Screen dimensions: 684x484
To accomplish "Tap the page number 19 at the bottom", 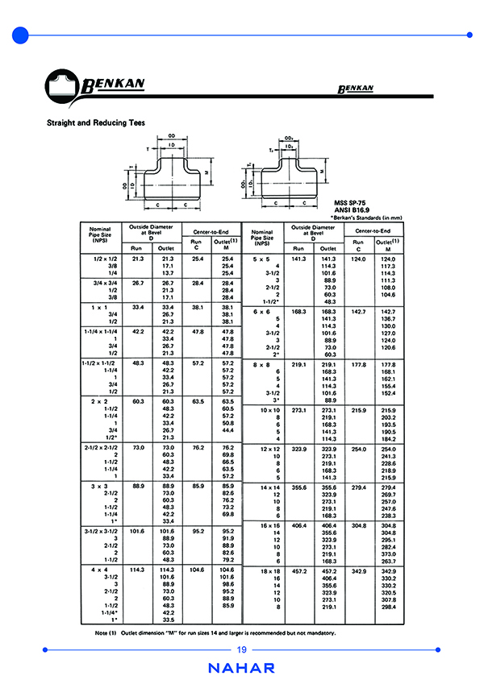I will point(241,650).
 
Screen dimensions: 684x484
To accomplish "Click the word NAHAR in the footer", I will point(241,668).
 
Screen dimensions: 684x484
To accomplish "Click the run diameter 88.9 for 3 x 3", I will point(138,487).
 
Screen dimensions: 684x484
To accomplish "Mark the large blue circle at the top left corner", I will point(21,35).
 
